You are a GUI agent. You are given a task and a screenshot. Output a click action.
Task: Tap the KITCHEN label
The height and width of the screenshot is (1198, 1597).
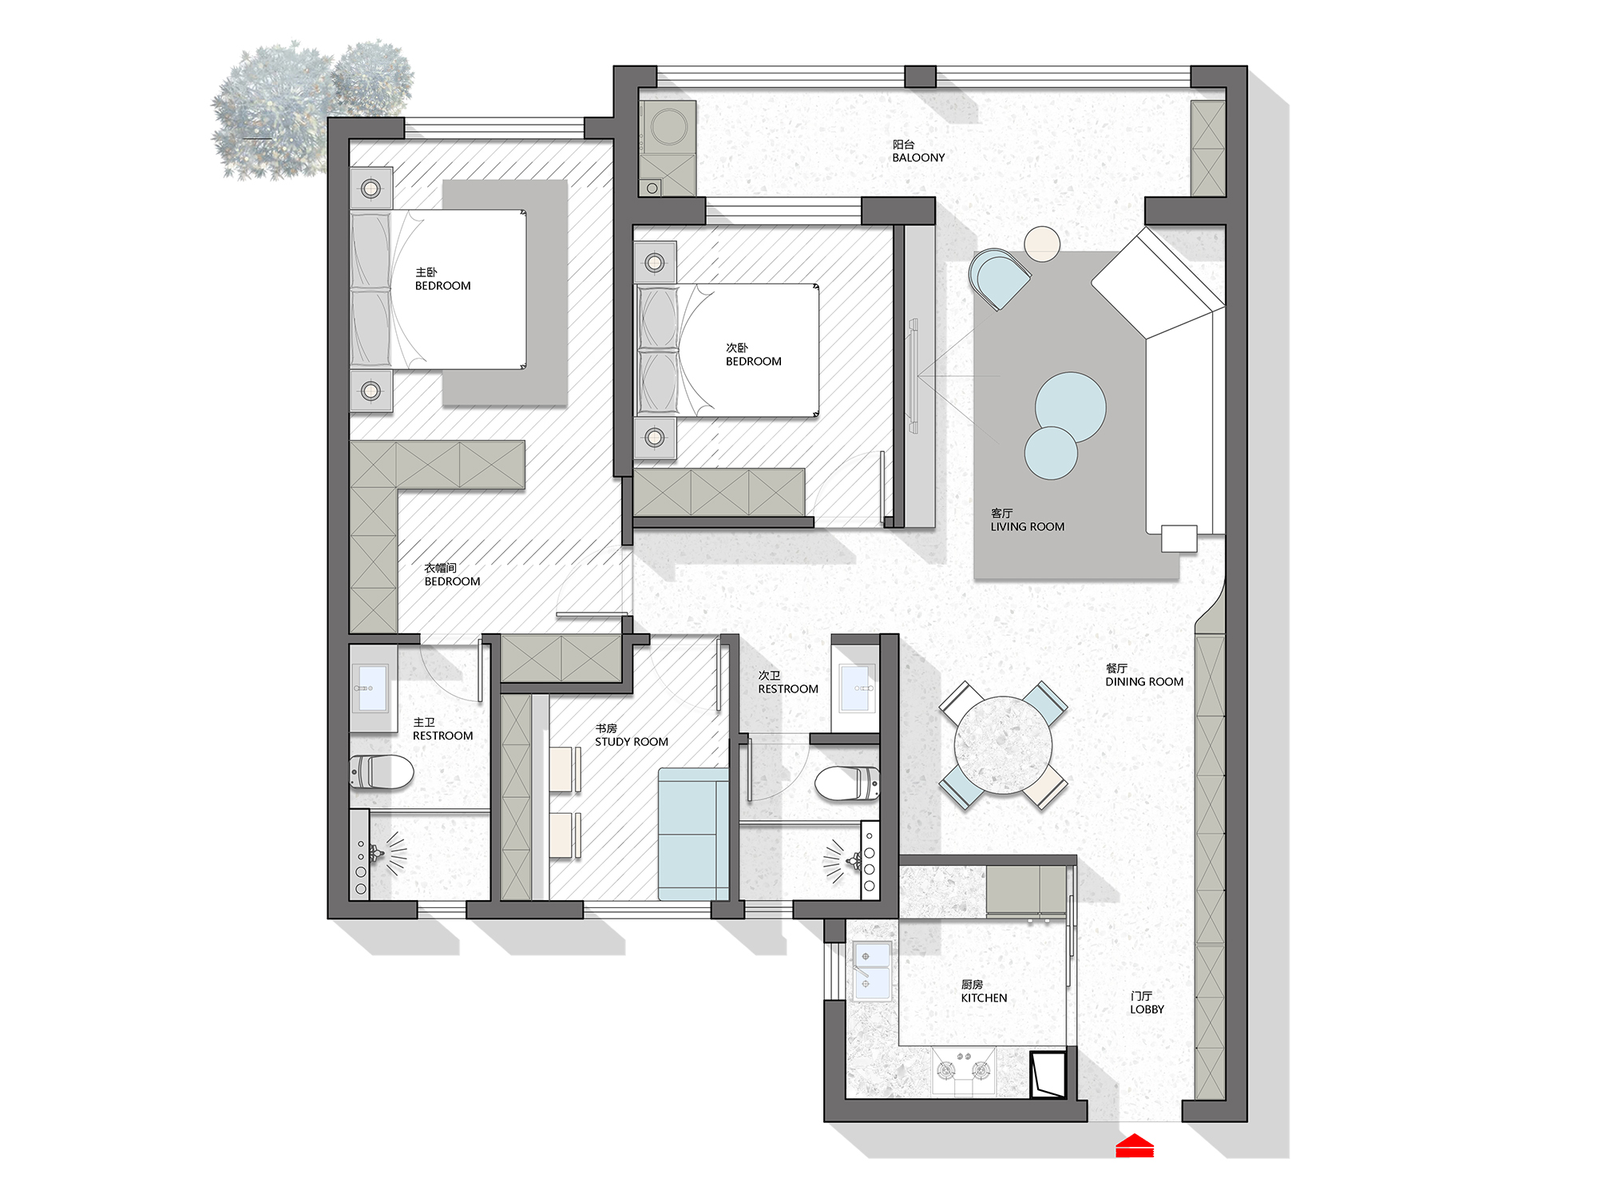[x=984, y=998]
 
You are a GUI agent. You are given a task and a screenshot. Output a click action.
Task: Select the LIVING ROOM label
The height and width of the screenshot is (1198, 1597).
[x=1027, y=527]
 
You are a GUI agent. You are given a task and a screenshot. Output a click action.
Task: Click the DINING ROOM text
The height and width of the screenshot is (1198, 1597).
[x=1144, y=682]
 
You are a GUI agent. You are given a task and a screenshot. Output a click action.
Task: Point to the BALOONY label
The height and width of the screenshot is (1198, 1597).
[x=918, y=158]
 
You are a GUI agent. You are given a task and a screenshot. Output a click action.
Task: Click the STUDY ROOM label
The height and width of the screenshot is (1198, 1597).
[x=631, y=742]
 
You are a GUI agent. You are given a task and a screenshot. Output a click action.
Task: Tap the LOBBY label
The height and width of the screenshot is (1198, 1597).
[x=1147, y=1010]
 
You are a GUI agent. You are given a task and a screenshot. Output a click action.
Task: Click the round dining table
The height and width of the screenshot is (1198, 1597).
[x=1003, y=745]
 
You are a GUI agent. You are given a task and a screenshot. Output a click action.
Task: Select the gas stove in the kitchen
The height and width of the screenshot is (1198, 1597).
[x=964, y=1070]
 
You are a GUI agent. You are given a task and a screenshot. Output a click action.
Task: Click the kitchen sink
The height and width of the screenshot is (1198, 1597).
[x=872, y=971]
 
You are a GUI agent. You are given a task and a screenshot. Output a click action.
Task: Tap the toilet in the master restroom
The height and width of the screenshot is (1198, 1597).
[x=382, y=772]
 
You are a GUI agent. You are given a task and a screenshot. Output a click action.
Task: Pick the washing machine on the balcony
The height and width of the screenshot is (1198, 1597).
[x=668, y=127]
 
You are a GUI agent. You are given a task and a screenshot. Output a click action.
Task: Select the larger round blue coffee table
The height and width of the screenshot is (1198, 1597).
[x=1070, y=407]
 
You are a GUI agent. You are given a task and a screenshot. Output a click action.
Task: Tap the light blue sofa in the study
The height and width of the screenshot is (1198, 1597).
[x=693, y=835]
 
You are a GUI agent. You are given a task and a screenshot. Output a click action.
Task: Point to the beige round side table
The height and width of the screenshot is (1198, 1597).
[x=1042, y=244]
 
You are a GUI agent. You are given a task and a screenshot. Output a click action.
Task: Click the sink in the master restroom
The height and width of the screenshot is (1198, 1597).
[x=373, y=688]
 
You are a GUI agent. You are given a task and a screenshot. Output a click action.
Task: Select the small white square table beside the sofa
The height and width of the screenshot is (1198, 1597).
[x=1179, y=538]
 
